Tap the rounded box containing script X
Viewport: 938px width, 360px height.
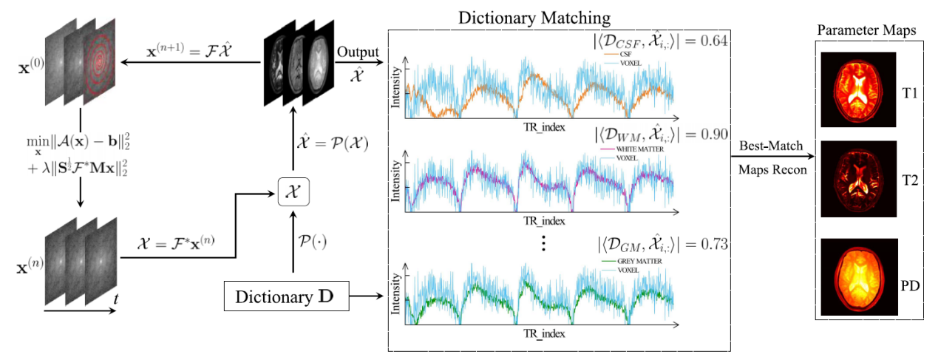click(x=293, y=193)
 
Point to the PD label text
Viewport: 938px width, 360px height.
click(x=910, y=285)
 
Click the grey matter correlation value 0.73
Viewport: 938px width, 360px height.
click(x=712, y=242)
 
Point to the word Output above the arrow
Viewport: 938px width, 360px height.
click(x=357, y=53)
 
